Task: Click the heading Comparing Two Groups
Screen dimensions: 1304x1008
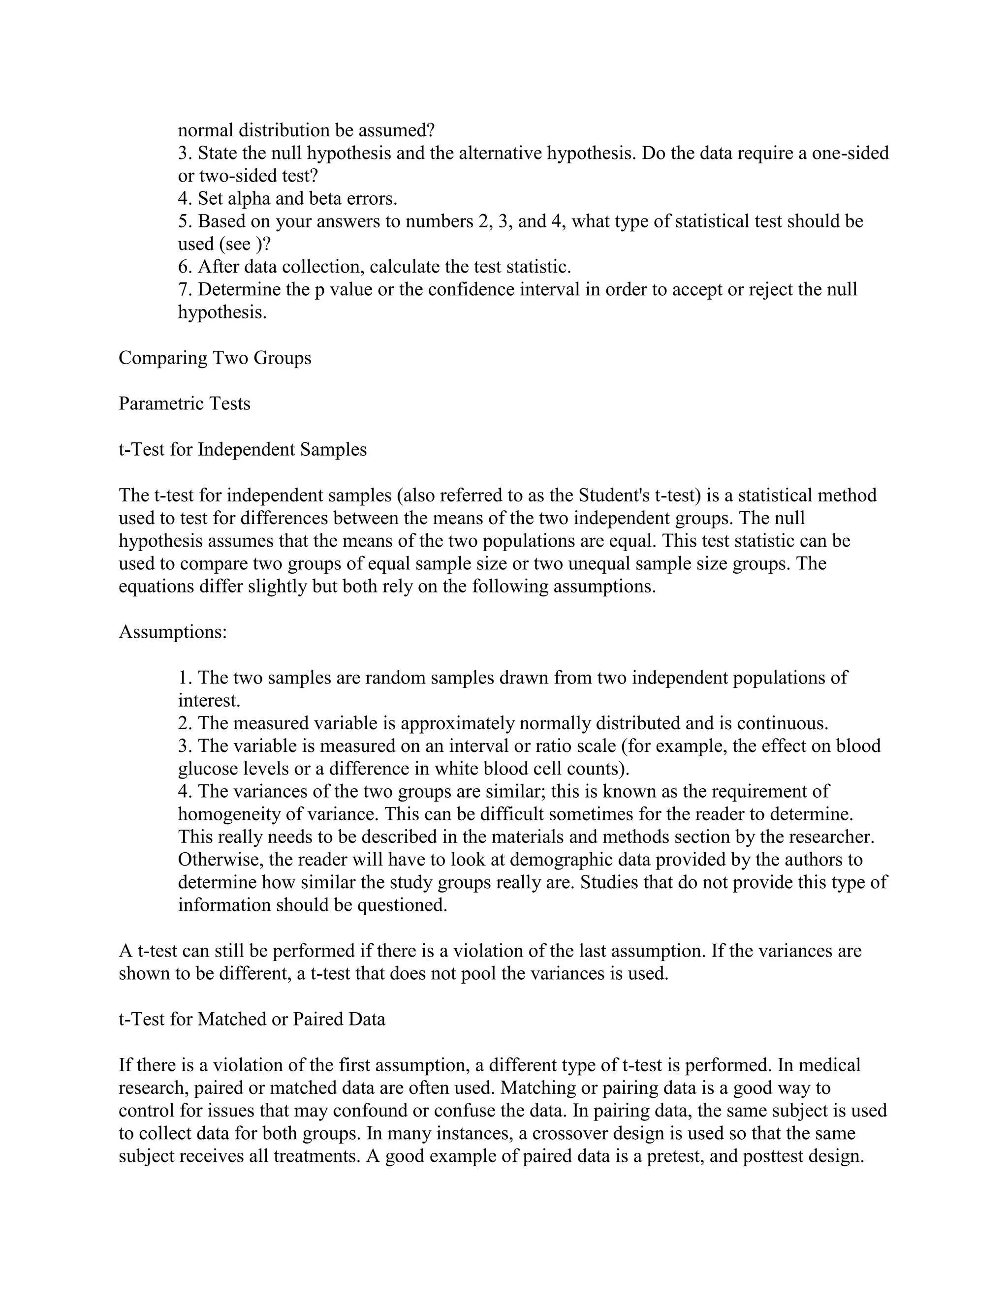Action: coord(215,358)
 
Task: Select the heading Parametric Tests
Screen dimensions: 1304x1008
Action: coord(185,404)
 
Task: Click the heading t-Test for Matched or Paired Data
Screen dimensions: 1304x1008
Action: coord(252,1019)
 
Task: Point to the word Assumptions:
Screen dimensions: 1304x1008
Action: coord(173,631)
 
